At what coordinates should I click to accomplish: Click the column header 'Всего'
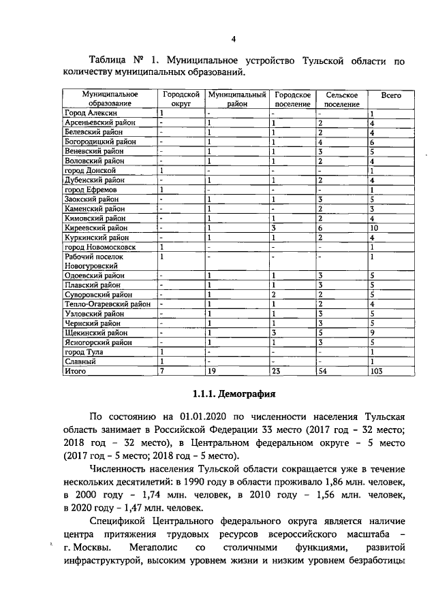click(x=390, y=95)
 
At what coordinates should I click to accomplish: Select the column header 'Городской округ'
click(x=181, y=99)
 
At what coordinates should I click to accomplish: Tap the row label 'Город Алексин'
click(x=91, y=113)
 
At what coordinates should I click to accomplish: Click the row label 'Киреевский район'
click(x=95, y=228)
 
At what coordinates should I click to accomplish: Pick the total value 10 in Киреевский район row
click(x=373, y=228)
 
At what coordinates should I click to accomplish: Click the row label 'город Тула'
click(x=84, y=353)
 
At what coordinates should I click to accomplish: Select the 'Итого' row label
click(x=74, y=372)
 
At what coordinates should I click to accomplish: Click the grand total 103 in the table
click(x=375, y=372)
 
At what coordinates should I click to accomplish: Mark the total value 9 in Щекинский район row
click(x=371, y=333)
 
